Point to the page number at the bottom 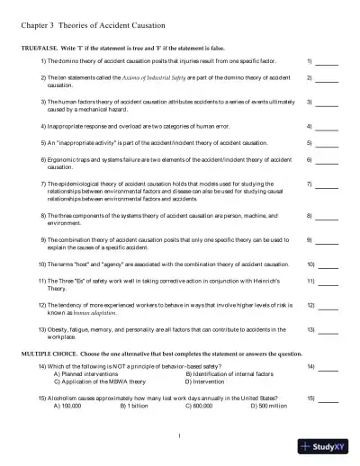(180, 437)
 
